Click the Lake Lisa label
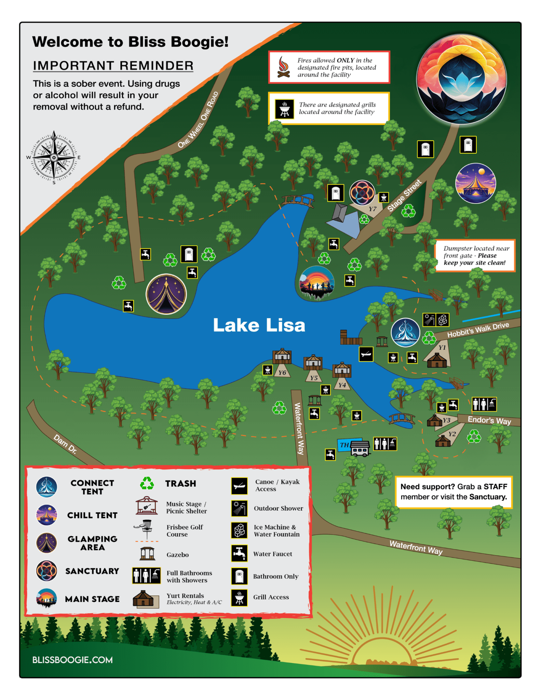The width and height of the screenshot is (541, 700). click(x=259, y=325)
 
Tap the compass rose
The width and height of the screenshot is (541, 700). click(x=54, y=158)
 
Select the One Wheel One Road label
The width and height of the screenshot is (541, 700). click(x=198, y=120)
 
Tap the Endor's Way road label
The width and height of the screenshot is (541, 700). click(x=489, y=420)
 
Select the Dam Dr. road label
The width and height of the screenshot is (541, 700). click(x=65, y=444)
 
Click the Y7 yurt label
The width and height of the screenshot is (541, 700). click(x=372, y=209)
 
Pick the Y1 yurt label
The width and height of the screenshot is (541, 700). click(x=442, y=347)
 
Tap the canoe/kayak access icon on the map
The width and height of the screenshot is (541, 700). click(x=366, y=354)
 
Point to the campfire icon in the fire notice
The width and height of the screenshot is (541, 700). click(x=283, y=67)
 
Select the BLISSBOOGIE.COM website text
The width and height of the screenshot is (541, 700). click(x=72, y=660)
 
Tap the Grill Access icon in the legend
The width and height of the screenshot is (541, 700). click(x=239, y=597)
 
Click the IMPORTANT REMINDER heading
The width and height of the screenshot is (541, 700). click(x=113, y=66)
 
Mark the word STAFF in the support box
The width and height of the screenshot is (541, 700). click(x=495, y=486)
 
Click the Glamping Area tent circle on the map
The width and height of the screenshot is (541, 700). click(x=166, y=294)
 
